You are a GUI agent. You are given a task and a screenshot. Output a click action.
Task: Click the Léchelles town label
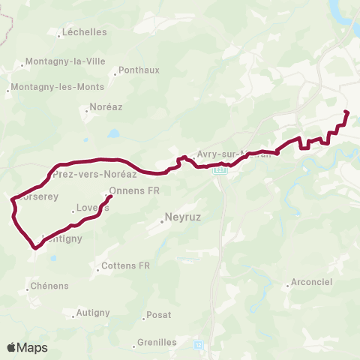[85, 33]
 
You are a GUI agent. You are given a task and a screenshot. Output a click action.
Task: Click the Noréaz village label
[105, 107]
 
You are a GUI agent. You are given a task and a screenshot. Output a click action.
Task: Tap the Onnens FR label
[135, 190]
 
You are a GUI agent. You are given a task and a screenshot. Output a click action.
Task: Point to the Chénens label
[49, 286]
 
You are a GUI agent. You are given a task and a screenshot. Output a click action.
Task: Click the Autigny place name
[94, 312]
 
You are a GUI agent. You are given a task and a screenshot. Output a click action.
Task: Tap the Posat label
[159, 315]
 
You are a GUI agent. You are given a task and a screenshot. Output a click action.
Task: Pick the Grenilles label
[157, 343]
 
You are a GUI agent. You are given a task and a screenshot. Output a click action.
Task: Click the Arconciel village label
[313, 284]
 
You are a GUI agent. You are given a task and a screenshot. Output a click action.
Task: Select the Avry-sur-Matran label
[232, 154]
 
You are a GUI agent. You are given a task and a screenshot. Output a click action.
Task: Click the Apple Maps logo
[27, 348]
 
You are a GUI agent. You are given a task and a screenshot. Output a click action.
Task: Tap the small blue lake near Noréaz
[113, 133]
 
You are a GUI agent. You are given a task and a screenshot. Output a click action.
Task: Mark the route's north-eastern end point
[346, 112]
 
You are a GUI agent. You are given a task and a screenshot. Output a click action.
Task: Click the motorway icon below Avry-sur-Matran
[220, 170]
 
